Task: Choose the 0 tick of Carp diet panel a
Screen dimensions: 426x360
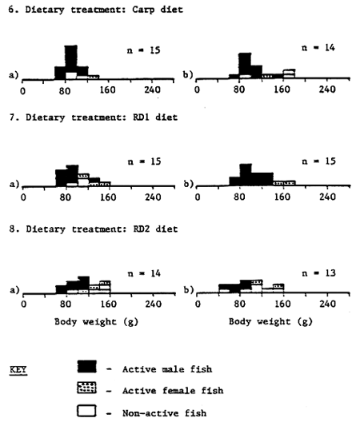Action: (24, 90)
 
